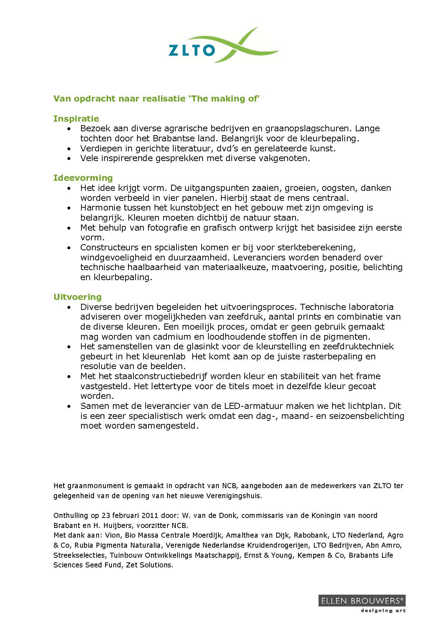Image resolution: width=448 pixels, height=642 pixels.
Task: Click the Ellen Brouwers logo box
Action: click(x=362, y=601)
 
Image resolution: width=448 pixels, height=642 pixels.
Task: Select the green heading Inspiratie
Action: click(x=76, y=119)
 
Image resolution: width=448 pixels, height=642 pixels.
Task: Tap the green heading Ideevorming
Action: click(x=83, y=178)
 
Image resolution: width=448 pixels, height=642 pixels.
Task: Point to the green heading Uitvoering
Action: click(x=77, y=297)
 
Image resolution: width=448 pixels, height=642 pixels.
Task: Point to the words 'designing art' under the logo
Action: click(x=383, y=611)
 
